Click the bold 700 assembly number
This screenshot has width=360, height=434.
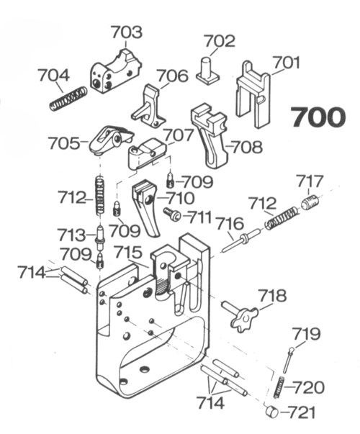point(318,117)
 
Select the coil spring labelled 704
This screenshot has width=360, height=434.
point(68,99)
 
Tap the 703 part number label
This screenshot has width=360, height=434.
point(127,32)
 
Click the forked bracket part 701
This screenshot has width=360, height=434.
point(253,95)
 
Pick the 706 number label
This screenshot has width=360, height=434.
point(173,76)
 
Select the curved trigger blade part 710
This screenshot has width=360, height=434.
point(146,208)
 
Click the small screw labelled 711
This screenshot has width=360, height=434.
point(172,214)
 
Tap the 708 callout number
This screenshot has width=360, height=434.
point(247,147)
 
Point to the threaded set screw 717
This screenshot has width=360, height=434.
point(310,203)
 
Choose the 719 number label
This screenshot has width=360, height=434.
point(306,334)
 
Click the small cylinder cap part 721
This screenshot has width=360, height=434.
point(271,411)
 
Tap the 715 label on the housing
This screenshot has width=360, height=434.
point(128,253)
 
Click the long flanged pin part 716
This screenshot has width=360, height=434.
point(241,240)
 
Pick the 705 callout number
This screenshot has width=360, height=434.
point(63,144)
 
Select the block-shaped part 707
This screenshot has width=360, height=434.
point(147,153)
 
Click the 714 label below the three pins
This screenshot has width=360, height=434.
point(210,403)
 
